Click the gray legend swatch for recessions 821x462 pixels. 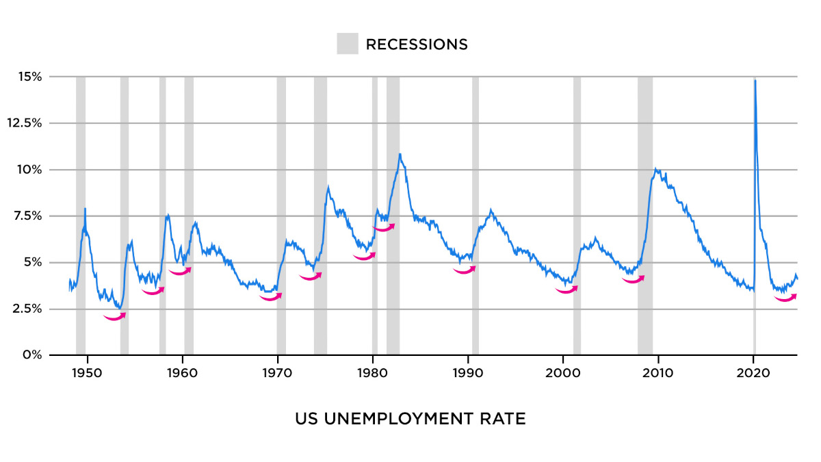pyautogui.click(x=348, y=44)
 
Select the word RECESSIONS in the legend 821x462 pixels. pyautogui.click(x=417, y=44)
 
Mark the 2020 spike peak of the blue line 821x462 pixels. pyautogui.click(x=755, y=81)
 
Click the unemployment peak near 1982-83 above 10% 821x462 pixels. pyautogui.click(x=400, y=154)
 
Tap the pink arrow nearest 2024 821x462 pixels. pyautogui.click(x=785, y=298)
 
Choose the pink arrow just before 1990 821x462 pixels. pyautogui.click(x=465, y=270)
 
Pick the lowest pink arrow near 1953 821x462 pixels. pyautogui.click(x=115, y=317)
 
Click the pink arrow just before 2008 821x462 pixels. pyautogui.click(x=634, y=279)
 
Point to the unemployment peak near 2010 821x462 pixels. pyautogui.click(x=656, y=169)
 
